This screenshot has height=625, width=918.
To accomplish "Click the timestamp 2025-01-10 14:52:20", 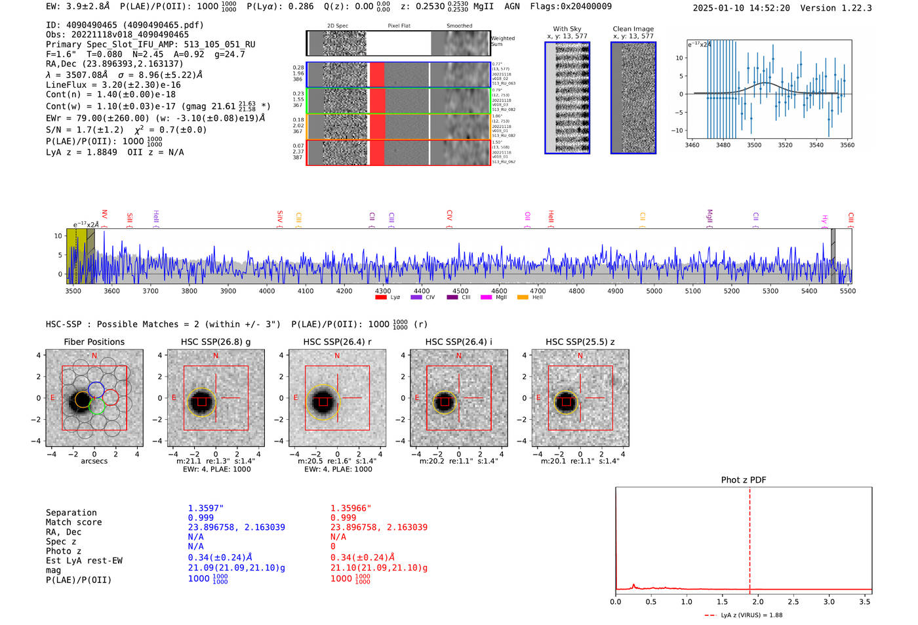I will [x=741, y=8].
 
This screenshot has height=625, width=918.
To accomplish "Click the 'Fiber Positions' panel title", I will [x=94, y=342].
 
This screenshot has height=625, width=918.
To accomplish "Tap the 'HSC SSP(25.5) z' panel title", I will [x=580, y=342].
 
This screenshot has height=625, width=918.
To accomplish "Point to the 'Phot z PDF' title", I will [x=744, y=480].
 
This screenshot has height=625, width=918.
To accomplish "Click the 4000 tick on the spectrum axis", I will [x=267, y=291].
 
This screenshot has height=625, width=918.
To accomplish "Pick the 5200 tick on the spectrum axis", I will [x=732, y=291].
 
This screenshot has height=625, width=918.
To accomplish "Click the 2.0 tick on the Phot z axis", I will [x=757, y=601].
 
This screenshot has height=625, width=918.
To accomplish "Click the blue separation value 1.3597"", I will [x=206, y=508].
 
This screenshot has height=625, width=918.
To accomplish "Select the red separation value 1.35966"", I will [x=351, y=508].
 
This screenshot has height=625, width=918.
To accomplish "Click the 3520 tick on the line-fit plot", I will [x=785, y=145].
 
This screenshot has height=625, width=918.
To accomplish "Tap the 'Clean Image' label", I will [x=633, y=29].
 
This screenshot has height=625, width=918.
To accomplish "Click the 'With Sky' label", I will [x=567, y=29].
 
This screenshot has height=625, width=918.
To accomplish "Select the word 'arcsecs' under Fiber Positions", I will [x=94, y=462].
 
